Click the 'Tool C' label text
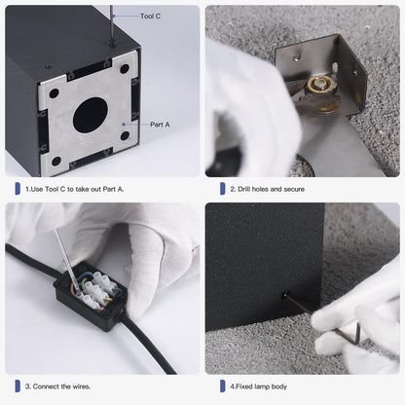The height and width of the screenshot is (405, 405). (150, 17)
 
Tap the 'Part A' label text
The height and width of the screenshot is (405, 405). (160, 125)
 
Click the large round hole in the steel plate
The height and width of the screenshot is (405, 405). (90, 115)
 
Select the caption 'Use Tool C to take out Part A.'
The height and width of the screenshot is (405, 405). (77, 189)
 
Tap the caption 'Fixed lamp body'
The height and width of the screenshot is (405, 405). (261, 387)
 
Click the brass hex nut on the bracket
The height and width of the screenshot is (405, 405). (320, 86)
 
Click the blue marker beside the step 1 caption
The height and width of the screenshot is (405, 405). (18, 189)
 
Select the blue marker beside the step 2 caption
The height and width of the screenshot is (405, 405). (223, 189)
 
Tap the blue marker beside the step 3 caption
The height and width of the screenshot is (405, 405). (18, 387)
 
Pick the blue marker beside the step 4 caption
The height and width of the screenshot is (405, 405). (223, 387)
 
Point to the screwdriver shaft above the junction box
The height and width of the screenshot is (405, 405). (67, 260)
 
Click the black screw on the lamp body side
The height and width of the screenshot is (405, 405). (285, 295)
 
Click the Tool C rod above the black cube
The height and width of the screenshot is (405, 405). (112, 24)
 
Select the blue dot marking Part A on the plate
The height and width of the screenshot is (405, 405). (124, 125)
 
